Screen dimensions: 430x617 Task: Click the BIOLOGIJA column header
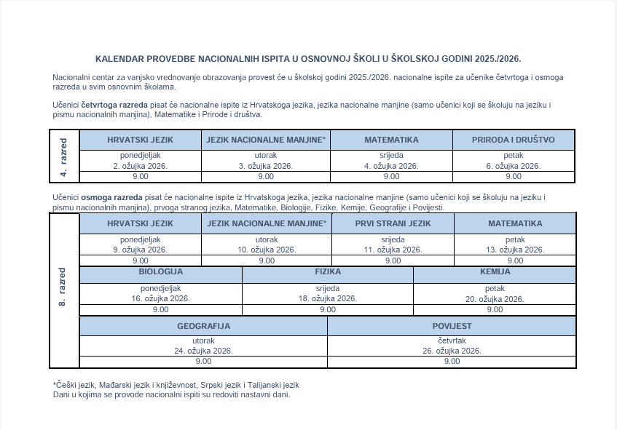click(160, 272)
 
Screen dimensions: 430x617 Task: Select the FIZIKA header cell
click(328, 272)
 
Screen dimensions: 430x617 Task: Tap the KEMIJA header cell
click(495, 272)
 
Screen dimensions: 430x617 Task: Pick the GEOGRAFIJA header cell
click(203, 326)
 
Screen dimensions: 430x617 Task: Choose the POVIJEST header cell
click(452, 326)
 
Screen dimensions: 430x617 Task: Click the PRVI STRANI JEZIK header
click(393, 223)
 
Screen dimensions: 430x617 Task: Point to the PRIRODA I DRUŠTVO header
click(513, 140)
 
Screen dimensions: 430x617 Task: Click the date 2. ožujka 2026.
click(140, 166)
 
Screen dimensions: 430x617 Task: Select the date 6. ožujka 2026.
click(513, 166)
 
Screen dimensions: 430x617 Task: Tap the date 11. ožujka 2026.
click(393, 250)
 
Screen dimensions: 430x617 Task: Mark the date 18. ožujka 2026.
click(327, 298)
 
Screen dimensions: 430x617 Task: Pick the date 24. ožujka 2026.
click(203, 351)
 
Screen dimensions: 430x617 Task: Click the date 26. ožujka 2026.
click(452, 351)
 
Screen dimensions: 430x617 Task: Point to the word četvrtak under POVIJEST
click(452, 341)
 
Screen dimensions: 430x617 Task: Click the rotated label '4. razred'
click(64, 156)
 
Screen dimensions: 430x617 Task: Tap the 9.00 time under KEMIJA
click(495, 309)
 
